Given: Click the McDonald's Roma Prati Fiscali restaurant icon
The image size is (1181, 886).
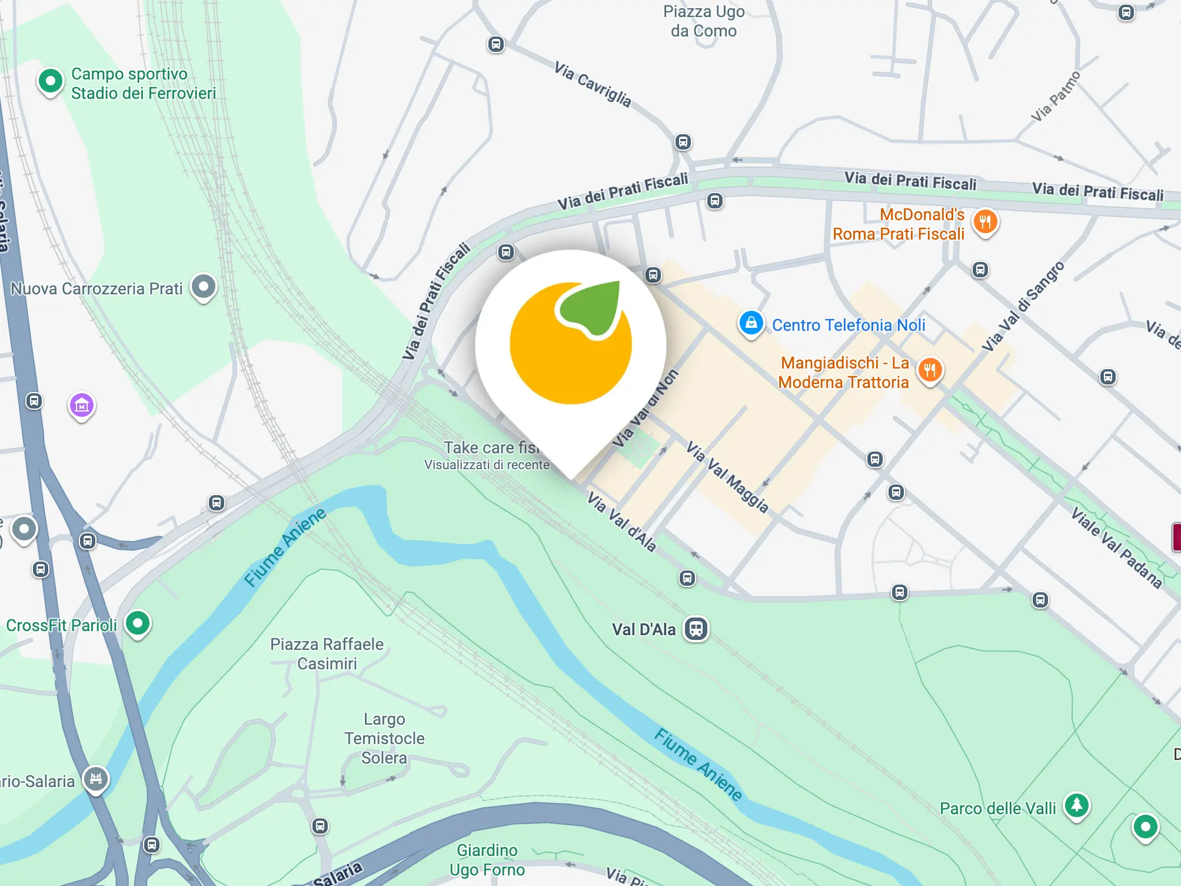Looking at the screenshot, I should tap(985, 222).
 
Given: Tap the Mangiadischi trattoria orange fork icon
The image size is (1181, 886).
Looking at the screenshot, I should tap(930, 370).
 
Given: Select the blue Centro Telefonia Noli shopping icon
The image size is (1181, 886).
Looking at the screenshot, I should tap(751, 323).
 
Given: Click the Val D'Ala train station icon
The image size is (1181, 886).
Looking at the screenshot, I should tap(696, 628).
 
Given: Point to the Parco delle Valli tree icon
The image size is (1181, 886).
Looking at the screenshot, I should tap(1077, 804).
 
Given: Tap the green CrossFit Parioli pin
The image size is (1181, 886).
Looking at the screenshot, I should tap(138, 623).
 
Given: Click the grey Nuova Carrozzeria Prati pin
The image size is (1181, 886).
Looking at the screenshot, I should tap(204, 287).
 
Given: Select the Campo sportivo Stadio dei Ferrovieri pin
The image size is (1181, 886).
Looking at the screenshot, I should tap(51, 81).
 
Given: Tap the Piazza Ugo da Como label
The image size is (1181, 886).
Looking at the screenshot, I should tap(704, 21).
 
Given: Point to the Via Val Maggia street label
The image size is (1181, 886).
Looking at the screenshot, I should tap(727, 477).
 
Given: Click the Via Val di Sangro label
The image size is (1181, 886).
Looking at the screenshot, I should tap(1023, 306).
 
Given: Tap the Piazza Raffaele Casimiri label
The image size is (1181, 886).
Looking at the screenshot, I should tap(327, 653).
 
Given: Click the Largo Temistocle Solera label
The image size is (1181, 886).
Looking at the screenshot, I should tap(384, 738).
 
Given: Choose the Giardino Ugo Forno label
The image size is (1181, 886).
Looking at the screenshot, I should tap(487, 860).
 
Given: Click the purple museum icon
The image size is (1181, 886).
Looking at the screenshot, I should tap(82, 405).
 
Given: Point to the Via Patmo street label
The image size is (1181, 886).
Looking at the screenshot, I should tap(1056, 97).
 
